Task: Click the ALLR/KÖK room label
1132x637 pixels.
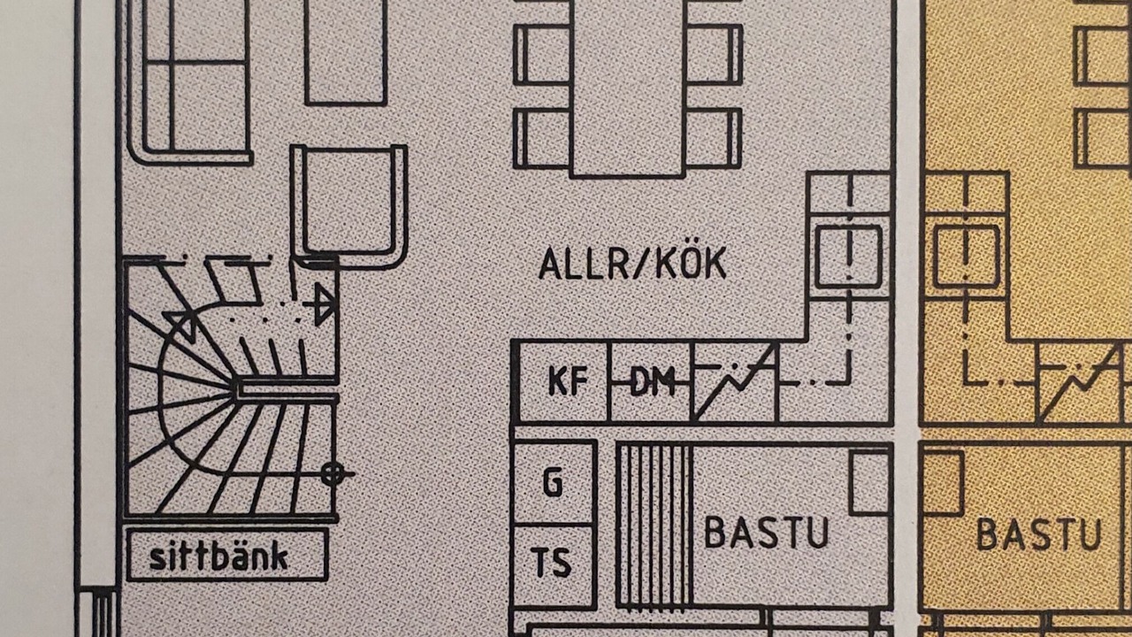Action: [632, 264]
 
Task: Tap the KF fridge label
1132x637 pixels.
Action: [567, 381]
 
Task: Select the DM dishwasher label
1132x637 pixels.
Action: [652, 382]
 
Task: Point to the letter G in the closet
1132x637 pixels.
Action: [553, 483]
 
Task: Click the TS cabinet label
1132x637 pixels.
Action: [551, 562]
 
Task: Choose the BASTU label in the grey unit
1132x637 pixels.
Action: [767, 533]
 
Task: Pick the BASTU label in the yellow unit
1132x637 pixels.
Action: [1039, 534]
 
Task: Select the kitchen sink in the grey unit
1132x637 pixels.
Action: [848, 256]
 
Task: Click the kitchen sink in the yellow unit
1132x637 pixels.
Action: [967, 257]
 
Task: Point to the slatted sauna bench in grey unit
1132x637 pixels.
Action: [654, 526]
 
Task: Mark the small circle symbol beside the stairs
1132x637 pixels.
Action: [333, 474]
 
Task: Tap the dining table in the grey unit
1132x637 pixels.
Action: [628, 88]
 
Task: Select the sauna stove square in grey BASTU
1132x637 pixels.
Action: [869, 482]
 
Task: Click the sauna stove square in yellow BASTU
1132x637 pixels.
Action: [942, 482]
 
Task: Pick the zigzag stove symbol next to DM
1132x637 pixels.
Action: [734, 382]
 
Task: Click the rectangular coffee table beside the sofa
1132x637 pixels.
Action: [346, 50]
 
